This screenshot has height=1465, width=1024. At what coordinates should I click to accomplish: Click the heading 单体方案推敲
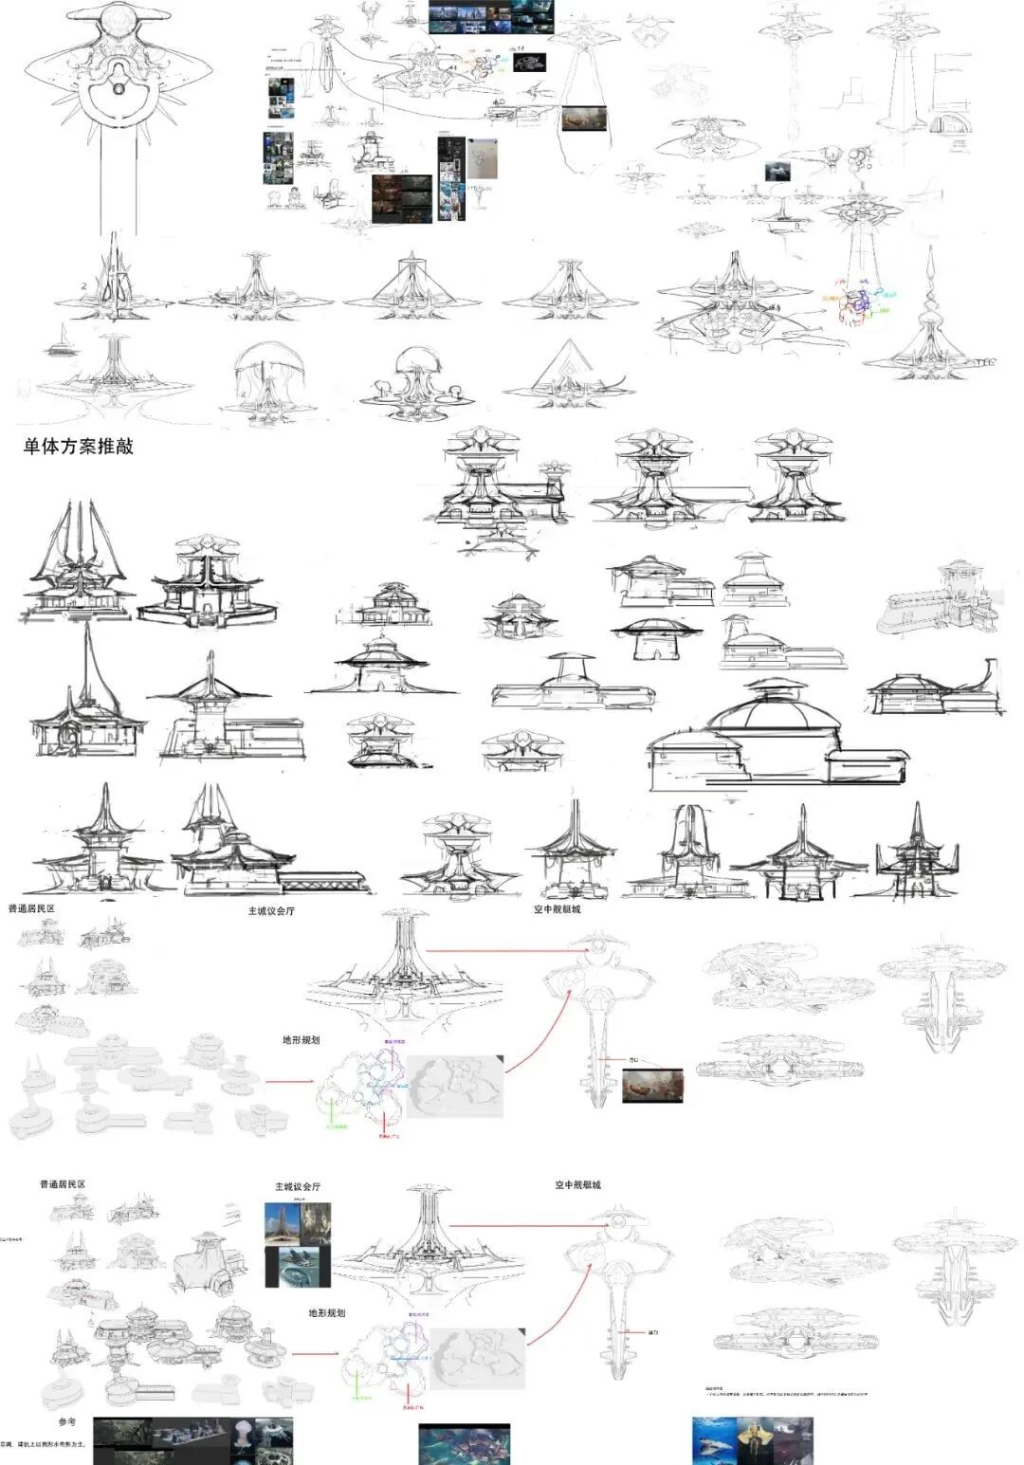79,447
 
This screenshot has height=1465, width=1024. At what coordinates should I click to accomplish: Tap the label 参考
66,1421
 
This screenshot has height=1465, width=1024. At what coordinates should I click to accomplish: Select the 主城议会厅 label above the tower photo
298,1186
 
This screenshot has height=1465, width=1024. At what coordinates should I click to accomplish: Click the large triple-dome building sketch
777,740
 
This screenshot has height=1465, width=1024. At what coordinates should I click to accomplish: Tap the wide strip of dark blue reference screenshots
491,17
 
